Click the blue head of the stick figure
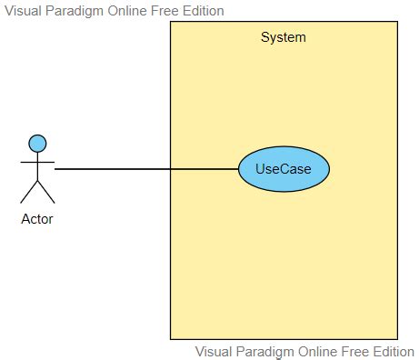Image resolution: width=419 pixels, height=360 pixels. (x=37, y=143)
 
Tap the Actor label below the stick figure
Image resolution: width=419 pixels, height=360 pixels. (x=37, y=218)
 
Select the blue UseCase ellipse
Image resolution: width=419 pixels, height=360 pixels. (x=284, y=169)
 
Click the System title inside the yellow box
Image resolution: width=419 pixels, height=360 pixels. (x=284, y=37)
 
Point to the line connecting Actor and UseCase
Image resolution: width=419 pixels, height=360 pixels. (x=145, y=169)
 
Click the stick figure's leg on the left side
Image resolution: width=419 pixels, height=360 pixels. (x=29, y=192)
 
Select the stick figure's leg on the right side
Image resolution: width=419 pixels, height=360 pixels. (x=46, y=192)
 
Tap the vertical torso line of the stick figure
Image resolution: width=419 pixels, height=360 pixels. (x=37, y=165)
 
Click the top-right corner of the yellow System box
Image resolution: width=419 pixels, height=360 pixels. (x=397, y=22)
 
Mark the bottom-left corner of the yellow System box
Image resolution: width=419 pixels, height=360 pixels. (x=171, y=339)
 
